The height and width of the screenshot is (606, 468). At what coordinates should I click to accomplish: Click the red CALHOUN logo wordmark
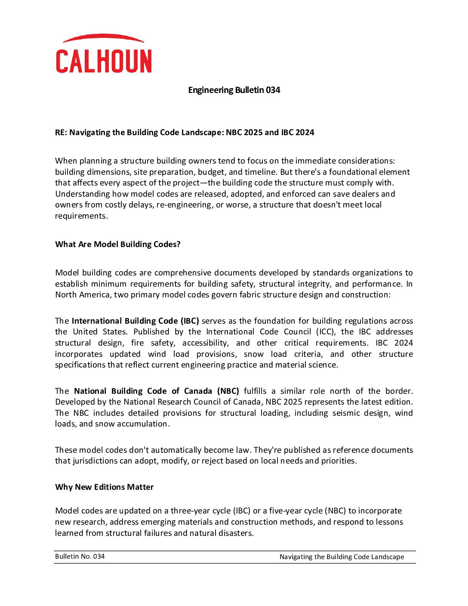point(104,61)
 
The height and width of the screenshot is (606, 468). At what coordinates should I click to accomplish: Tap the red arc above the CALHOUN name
point(103,38)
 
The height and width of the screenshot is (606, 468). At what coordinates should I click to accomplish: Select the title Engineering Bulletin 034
point(234,90)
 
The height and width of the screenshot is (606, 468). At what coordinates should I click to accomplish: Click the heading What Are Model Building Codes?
point(118,244)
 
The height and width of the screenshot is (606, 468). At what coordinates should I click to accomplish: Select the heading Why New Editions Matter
point(104,487)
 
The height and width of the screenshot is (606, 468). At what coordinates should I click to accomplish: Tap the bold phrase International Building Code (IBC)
point(135,321)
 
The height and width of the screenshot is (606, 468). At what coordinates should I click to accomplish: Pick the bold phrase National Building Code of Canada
point(144,391)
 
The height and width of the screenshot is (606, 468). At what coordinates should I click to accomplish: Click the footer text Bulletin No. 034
point(80,557)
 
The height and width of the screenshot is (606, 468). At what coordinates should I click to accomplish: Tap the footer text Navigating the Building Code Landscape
point(342,557)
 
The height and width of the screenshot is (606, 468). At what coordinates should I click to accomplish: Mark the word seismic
point(346,413)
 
